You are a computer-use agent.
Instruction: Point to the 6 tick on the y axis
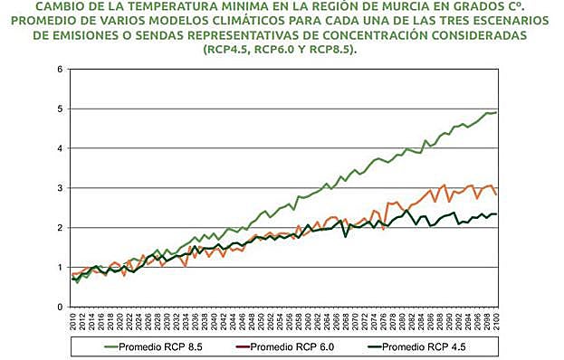click(x=60, y=70)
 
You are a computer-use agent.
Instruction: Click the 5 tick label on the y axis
click(x=60, y=109)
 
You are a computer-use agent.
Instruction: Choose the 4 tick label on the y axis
click(x=60, y=148)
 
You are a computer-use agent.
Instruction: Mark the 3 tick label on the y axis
click(x=60, y=188)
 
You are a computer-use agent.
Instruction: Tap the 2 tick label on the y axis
click(x=60, y=228)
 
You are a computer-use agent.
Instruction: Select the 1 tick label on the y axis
click(x=60, y=268)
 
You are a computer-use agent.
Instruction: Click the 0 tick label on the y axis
click(x=60, y=308)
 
